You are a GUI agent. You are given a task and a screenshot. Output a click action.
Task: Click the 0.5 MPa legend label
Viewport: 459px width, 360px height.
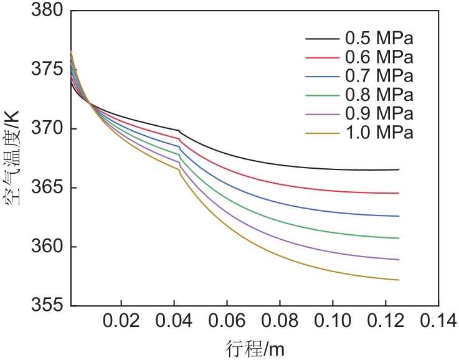(379, 39)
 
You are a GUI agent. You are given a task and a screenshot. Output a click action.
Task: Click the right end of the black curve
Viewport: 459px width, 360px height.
(398, 169)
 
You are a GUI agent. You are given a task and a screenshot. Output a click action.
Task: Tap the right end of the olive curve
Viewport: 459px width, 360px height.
(398, 280)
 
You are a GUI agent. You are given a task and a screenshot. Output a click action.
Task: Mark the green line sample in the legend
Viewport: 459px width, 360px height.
(321, 95)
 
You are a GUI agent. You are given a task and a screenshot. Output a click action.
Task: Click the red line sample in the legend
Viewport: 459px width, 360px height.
(321, 58)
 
